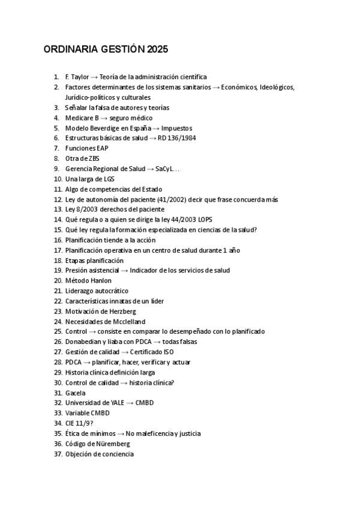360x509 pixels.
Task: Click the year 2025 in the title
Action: pos(157,49)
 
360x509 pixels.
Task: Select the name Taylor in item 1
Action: pos(80,77)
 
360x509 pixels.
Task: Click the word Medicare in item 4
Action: pos(79,118)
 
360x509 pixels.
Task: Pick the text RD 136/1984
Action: pos(175,138)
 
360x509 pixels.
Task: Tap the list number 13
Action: pos(58,209)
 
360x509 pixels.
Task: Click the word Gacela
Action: pos(75,393)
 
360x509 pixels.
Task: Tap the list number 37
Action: pos(58,454)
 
